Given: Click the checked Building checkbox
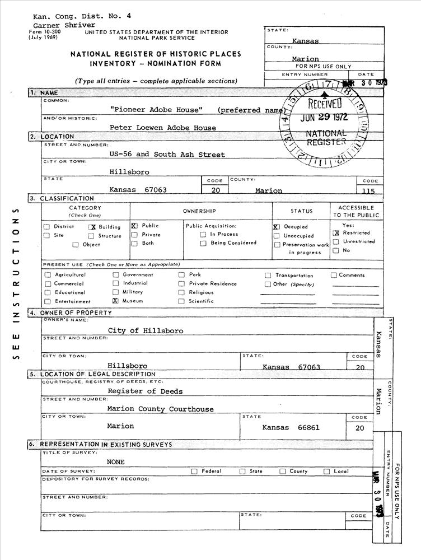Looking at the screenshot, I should pyautogui.click(x=92, y=227).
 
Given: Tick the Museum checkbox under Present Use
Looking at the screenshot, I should pyautogui.click(x=116, y=301).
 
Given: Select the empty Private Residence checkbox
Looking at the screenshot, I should pyautogui.click(x=181, y=284).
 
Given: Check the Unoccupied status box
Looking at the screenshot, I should pyautogui.click(x=277, y=236).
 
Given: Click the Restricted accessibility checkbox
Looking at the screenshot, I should pyautogui.click(x=336, y=233).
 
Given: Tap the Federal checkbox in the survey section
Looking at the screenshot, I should pyautogui.click(x=194, y=472).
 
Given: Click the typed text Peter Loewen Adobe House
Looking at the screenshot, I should pyautogui.click(x=162, y=128).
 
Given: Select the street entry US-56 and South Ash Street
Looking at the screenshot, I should pyautogui.click(x=167, y=155).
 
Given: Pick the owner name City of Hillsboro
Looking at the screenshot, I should pyautogui.click(x=146, y=331).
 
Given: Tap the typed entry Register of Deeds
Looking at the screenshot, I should pyautogui.click(x=145, y=391).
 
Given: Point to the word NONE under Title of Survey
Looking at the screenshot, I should pyautogui.click(x=116, y=462).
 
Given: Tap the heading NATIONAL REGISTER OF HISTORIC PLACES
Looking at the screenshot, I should pyautogui.click(x=156, y=54).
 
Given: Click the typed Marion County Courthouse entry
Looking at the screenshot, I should pyautogui.click(x=160, y=409).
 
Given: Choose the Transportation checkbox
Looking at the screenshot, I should pyautogui.click(x=269, y=276).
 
